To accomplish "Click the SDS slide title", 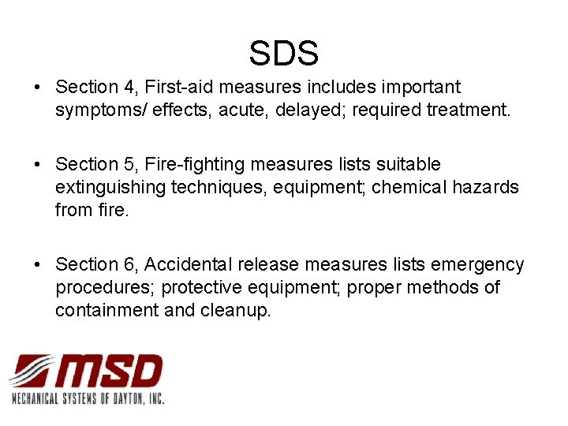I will point(284,54).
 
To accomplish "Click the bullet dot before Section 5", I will point(39,165).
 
